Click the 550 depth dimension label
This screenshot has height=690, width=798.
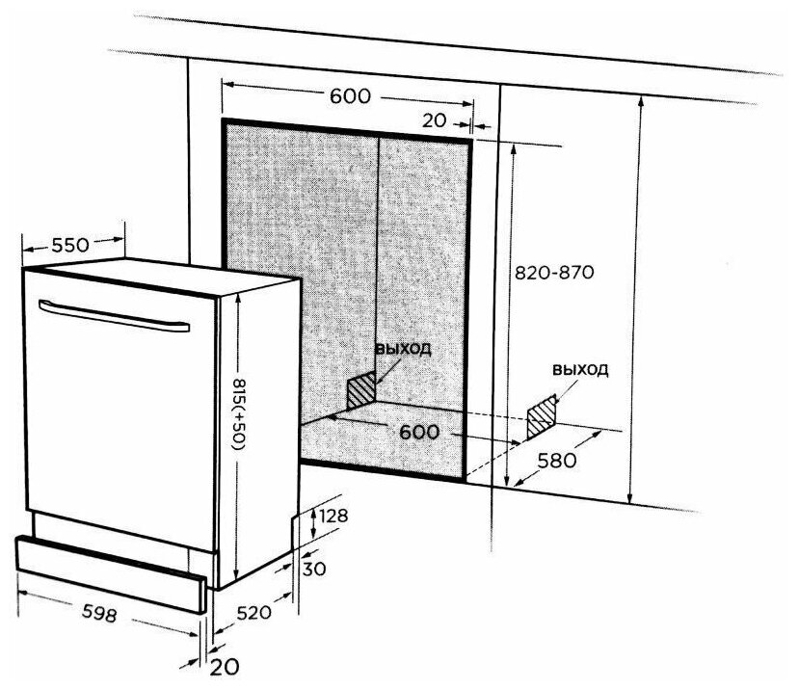pos(72,245)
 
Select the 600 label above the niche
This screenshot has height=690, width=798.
pos(350,96)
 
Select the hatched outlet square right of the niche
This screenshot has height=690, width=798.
pos(542,411)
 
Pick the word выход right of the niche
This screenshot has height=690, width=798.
pos(581,371)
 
